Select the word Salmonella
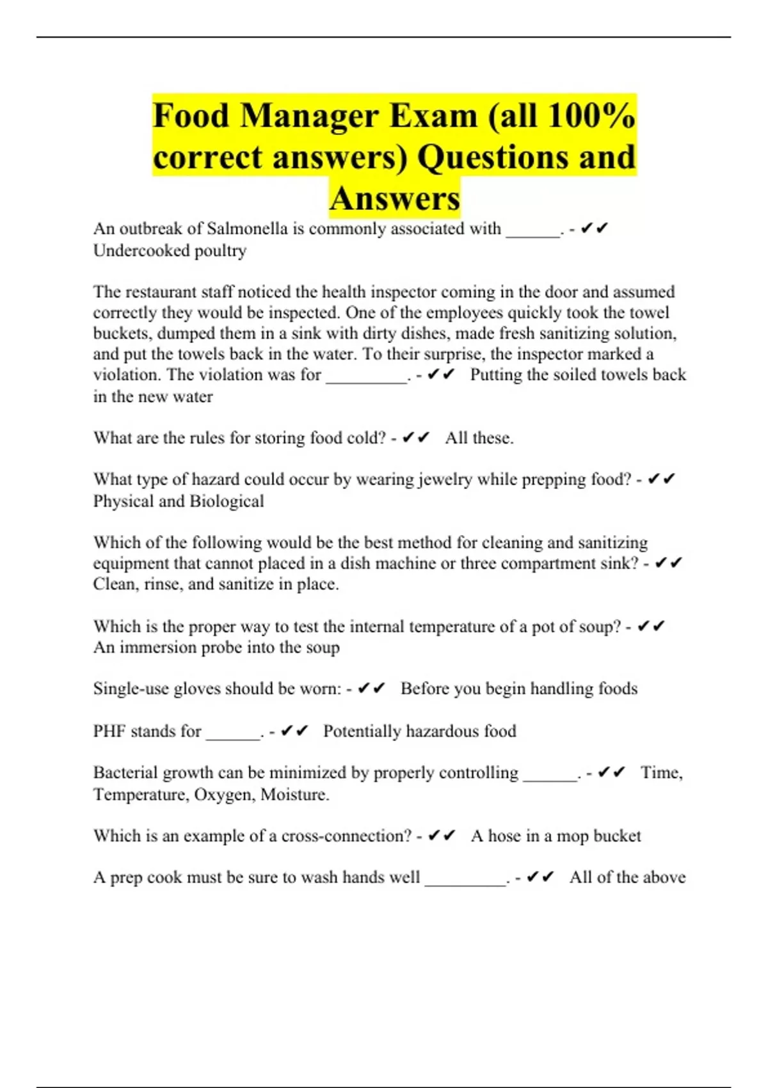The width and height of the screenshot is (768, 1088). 247,228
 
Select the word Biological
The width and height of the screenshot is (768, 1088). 227,501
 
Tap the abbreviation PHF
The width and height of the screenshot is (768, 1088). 109,731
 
